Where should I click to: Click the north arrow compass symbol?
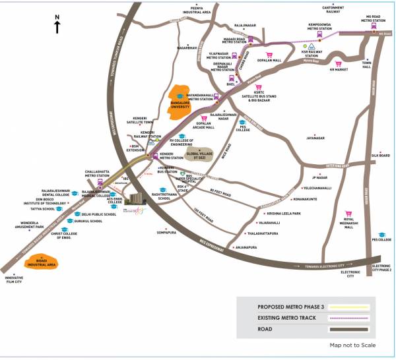[x=57, y=24]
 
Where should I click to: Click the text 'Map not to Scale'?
[x=353, y=345]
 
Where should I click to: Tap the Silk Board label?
[x=381, y=156]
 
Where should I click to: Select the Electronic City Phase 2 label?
[x=381, y=268]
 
